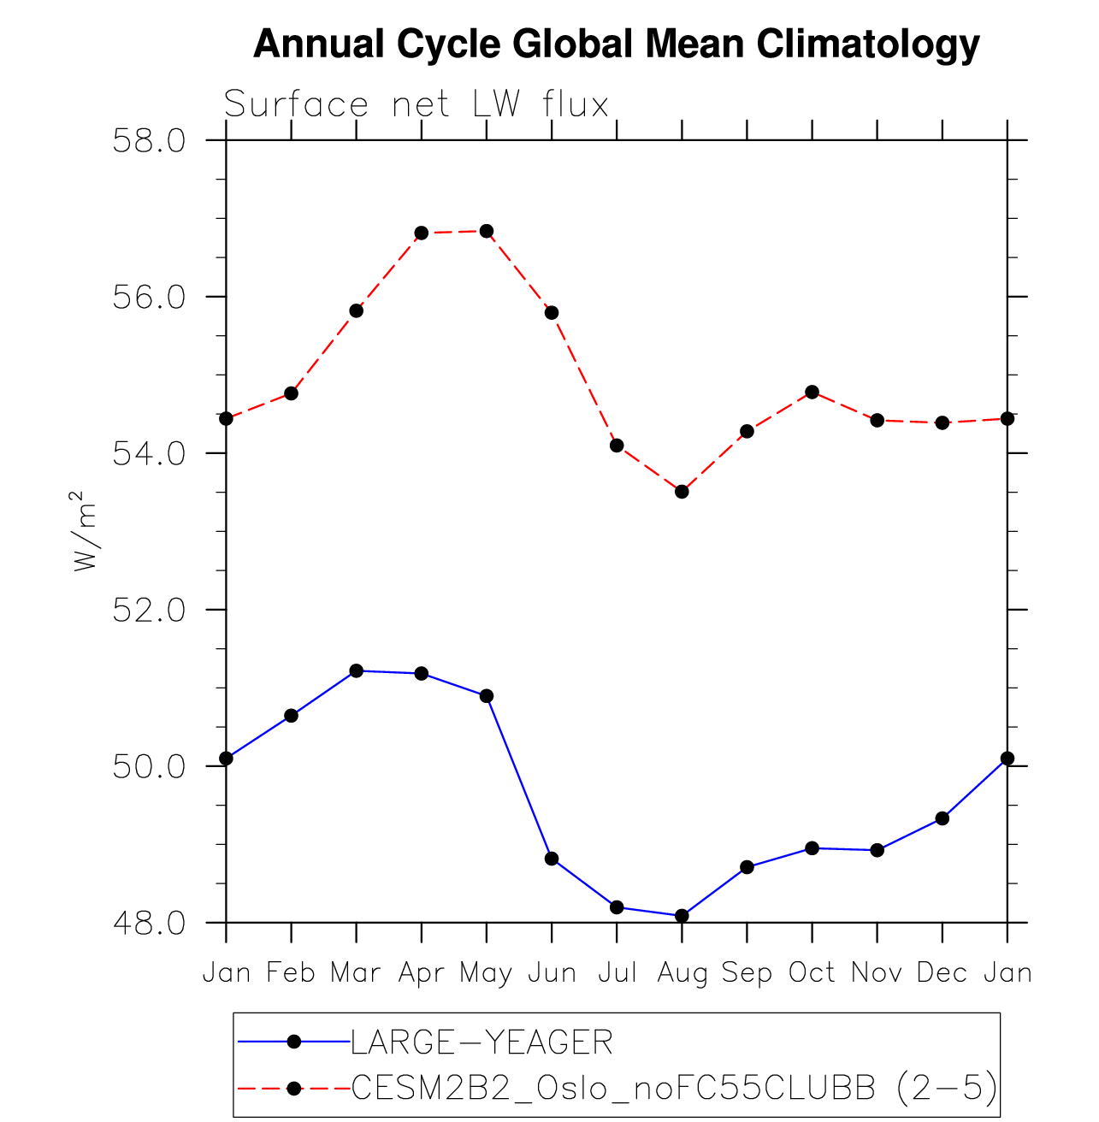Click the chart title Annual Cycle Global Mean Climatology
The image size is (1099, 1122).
tap(616, 44)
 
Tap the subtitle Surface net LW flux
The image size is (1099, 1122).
tap(416, 105)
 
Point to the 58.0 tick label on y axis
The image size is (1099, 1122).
tap(150, 140)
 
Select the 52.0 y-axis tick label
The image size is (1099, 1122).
tap(150, 610)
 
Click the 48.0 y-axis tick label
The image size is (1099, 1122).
tap(150, 924)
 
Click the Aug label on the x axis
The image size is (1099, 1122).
tap(682, 973)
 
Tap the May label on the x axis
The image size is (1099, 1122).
tap(486, 973)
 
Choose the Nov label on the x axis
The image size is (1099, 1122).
tap(877, 973)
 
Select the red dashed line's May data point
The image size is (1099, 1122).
tap(487, 231)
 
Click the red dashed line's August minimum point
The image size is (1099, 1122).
tap(682, 492)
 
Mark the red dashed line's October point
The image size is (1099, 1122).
tap(812, 392)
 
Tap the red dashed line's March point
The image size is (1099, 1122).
tap(356, 310)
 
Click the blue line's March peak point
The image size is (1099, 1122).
tap(356, 670)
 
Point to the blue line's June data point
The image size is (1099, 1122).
tap(552, 859)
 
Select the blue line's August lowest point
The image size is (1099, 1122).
tap(682, 916)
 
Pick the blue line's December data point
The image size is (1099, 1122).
tap(942, 818)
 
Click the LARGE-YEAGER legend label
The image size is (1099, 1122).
tap(482, 1042)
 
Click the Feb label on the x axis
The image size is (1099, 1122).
tap(291, 973)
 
